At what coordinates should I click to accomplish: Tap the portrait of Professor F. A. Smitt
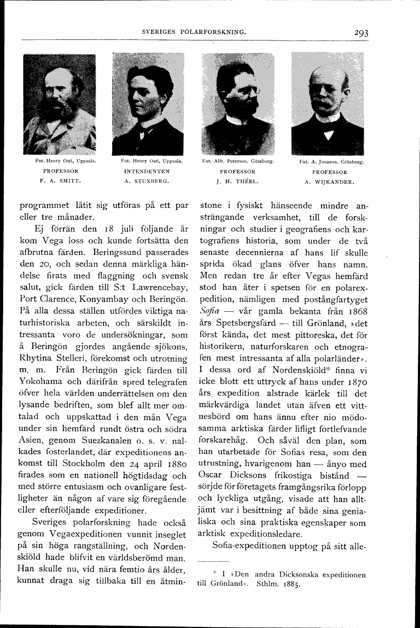click(60, 104)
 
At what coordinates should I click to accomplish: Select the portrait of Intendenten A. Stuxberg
click(148, 104)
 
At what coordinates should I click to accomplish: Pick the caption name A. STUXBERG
click(148, 179)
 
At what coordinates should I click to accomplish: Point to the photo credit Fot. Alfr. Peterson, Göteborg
click(237, 162)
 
